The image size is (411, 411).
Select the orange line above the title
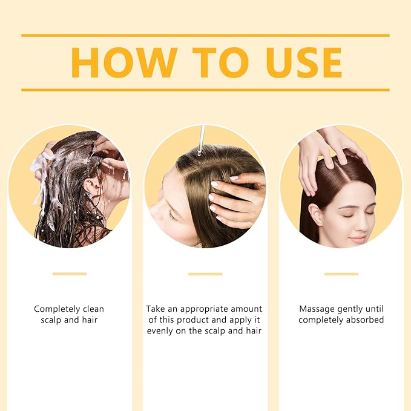205,35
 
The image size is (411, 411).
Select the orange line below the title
205,90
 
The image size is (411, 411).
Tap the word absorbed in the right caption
365,320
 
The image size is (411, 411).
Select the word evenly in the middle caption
162,330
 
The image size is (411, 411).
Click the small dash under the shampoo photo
69,274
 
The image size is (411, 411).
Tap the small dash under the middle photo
205,274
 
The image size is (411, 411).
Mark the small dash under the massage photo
341,274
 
